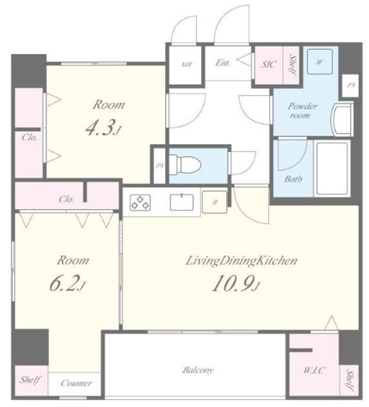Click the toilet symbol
point(185,164)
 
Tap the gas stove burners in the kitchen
point(140,202)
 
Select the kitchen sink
point(182,202)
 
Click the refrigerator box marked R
point(215,202)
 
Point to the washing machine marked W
point(320,62)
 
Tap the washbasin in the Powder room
point(342,119)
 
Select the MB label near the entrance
point(185,64)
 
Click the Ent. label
point(222,63)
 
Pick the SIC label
point(268,64)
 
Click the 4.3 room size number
point(100,128)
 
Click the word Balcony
point(198,369)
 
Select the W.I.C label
point(314,370)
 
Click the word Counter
point(76,383)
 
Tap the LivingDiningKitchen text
point(242,261)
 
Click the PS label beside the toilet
point(159,165)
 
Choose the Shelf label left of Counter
point(30,380)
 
